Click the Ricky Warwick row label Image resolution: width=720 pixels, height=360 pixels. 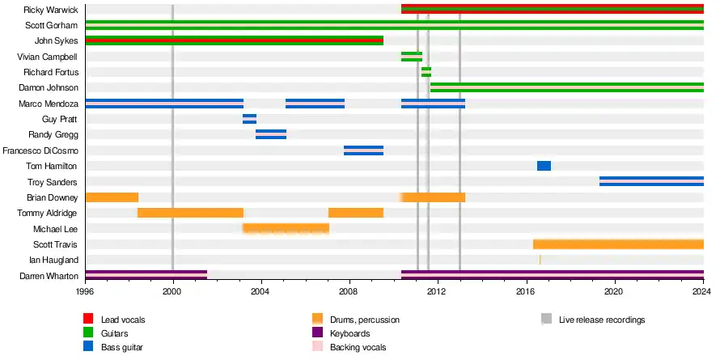[x=51, y=10]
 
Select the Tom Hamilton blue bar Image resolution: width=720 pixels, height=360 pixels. [x=544, y=166]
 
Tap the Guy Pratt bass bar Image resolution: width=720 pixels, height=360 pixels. [x=249, y=119]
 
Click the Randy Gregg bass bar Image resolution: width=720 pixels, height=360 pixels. [x=271, y=134]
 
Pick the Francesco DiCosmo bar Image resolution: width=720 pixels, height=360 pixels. [x=363, y=150]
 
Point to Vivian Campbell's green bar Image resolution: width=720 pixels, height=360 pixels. [x=412, y=57]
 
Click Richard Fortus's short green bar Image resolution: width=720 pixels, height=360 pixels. [x=426, y=72]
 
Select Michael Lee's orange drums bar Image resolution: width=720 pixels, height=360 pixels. [x=286, y=228]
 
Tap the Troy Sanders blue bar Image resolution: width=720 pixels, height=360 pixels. [x=651, y=181]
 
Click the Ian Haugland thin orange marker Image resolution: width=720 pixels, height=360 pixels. [x=540, y=260]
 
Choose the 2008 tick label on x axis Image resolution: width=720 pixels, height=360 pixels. [x=349, y=290]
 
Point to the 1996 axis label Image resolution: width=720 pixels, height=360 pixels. [x=85, y=290]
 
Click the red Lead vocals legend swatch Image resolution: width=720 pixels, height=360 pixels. [x=89, y=320]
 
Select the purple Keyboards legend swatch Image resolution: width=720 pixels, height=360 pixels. [x=319, y=333]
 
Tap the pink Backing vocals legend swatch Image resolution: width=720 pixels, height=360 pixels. [x=319, y=347]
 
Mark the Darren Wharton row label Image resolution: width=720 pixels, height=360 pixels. [x=49, y=276]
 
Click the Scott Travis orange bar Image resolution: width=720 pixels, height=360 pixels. [x=618, y=244]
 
